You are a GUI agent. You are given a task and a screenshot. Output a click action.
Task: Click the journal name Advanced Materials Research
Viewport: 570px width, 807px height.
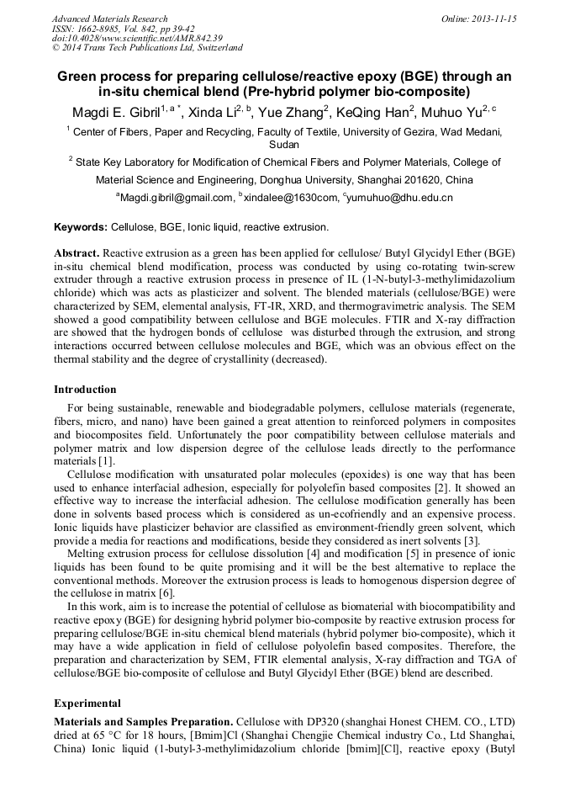pos(109,19)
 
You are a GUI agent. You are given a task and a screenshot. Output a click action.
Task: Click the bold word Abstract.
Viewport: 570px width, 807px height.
pos(77,253)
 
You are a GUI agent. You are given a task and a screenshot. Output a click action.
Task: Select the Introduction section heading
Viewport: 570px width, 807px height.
pos(85,390)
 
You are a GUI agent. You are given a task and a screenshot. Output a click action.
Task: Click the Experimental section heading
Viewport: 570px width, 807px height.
pos(87,703)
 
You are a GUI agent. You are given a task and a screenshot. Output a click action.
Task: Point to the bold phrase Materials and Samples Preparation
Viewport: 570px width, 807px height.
pos(142,722)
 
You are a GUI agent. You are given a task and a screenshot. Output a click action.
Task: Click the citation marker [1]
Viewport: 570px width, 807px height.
pos(106,462)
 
